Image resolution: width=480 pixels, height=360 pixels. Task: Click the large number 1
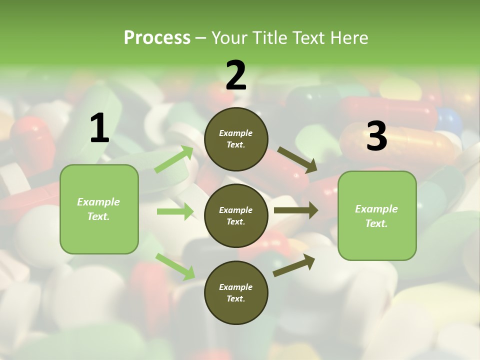click(x=99, y=128)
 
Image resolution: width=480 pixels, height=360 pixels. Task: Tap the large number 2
click(x=236, y=75)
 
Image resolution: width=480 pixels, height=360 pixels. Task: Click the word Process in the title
click(x=157, y=37)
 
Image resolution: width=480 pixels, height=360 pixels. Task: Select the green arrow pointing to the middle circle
click(x=175, y=211)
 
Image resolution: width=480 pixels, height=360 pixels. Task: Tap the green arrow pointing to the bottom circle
click(x=175, y=266)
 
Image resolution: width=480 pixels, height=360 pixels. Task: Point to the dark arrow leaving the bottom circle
click(x=294, y=265)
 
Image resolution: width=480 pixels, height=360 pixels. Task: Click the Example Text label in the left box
click(x=98, y=209)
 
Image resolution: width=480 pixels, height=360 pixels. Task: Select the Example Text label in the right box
click(x=376, y=216)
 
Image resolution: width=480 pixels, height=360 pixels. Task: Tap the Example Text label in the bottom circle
click(x=235, y=292)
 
